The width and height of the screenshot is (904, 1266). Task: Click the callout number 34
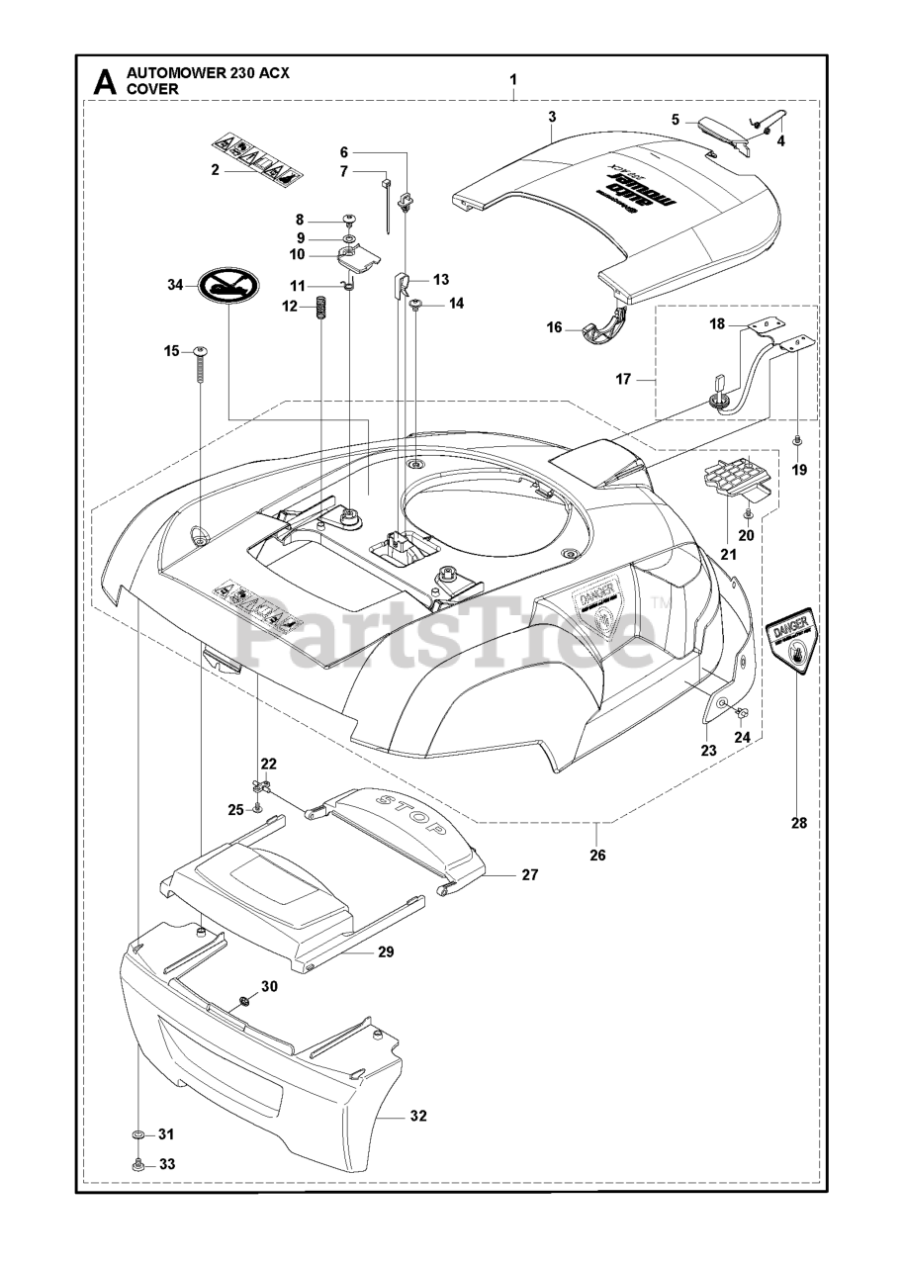175,286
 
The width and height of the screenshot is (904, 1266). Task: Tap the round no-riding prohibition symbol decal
229,287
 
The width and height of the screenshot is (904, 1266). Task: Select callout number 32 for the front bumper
417,1117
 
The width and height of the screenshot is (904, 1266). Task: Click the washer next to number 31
137,1133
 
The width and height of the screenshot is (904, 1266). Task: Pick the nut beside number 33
137,1164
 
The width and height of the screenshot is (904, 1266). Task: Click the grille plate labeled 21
734,472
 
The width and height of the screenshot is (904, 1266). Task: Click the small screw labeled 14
415,308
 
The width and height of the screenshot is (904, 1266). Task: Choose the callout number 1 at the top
512,78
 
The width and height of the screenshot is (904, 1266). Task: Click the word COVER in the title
151,88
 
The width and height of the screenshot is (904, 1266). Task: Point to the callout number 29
385,951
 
